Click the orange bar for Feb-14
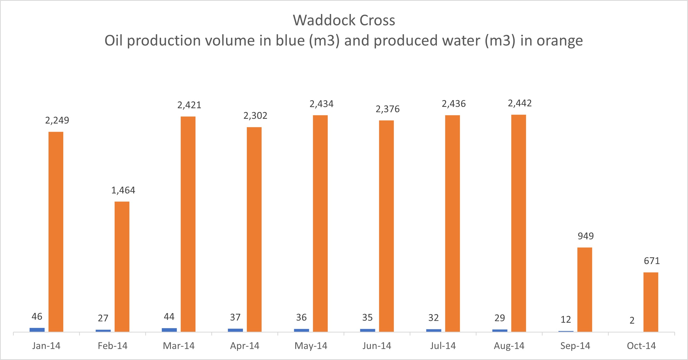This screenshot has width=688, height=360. [x=122, y=266]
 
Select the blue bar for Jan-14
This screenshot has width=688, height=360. [x=37, y=330]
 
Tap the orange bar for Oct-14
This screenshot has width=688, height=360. [x=651, y=302]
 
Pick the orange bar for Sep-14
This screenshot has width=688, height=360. [x=585, y=289]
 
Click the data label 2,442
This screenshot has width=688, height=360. [x=519, y=103]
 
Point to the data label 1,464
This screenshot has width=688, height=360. [x=123, y=190]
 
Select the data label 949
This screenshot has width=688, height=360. [x=585, y=236]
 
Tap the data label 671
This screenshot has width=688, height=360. [x=652, y=261]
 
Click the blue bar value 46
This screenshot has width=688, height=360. [x=37, y=317]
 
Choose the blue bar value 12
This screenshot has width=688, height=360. [x=566, y=320]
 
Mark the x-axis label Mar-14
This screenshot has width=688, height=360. [x=179, y=346]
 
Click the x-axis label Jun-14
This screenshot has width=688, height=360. [x=377, y=346]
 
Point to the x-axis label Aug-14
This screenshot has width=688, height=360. [x=509, y=346]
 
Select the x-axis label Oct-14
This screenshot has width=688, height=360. [x=641, y=346]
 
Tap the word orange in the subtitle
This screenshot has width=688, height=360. [x=559, y=41]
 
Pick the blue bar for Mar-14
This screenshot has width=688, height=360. [x=169, y=330]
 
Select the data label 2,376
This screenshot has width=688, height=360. [x=388, y=109]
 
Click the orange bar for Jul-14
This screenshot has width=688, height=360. [x=452, y=223]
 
